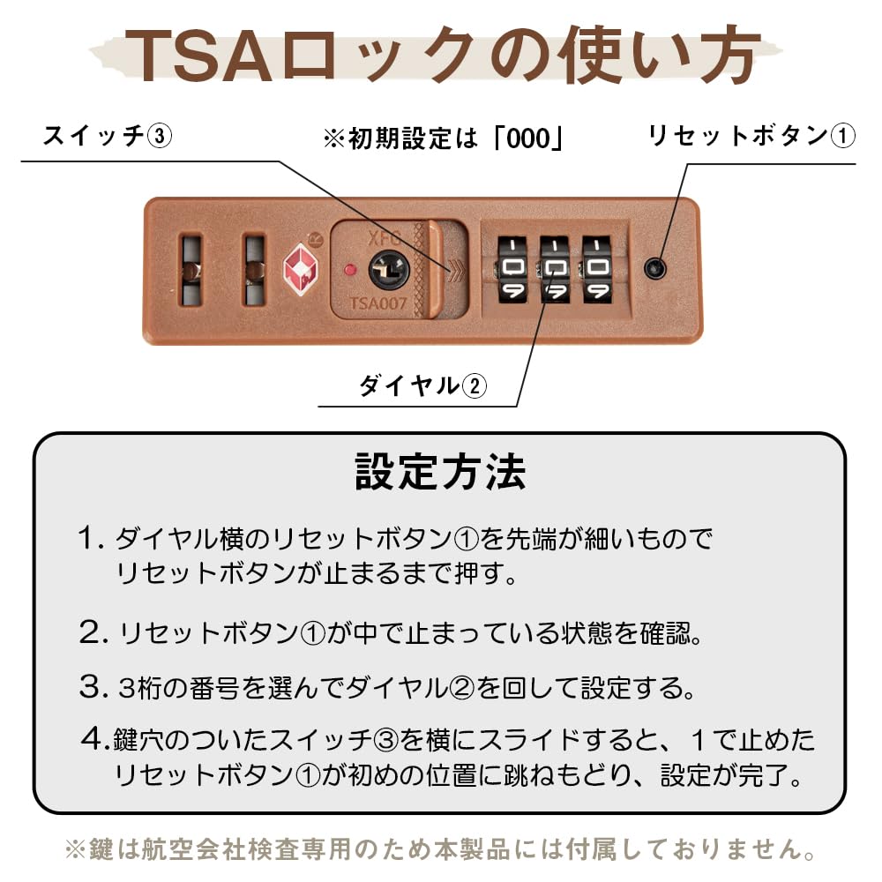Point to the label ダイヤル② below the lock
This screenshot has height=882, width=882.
422,385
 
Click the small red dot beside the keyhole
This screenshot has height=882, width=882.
350,268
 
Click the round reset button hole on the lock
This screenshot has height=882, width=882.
654,268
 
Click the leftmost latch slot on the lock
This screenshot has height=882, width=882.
191,269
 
